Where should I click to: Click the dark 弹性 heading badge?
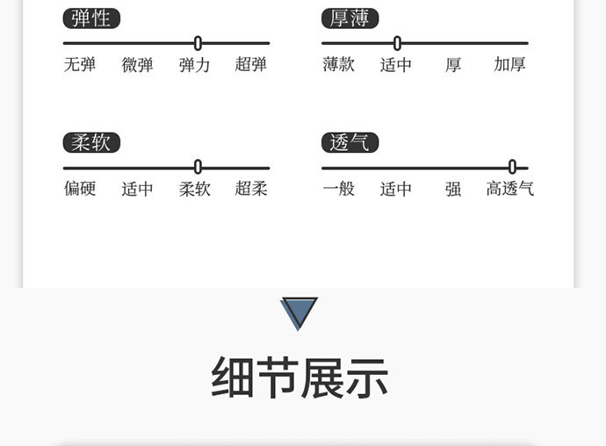(91, 18)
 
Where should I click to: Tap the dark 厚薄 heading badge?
(350, 18)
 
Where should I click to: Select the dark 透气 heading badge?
(350, 142)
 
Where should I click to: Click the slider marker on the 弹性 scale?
(198, 43)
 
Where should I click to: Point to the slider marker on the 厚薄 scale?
(397, 43)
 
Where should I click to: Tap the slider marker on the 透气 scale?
(512, 167)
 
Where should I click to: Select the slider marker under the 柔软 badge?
(198, 167)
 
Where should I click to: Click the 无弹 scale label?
(79, 65)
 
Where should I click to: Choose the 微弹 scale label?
(137, 65)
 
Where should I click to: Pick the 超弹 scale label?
(251, 65)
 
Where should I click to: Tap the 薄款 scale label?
(338, 65)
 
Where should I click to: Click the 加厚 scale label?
(509, 65)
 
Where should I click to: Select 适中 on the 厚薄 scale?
(396, 65)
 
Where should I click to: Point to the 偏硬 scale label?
(79, 189)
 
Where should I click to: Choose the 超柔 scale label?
(251, 189)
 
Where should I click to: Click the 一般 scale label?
(338, 189)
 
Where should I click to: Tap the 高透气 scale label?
(510, 189)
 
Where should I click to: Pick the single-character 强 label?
(453, 189)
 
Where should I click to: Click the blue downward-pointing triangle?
(299, 312)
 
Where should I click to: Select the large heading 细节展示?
(299, 378)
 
